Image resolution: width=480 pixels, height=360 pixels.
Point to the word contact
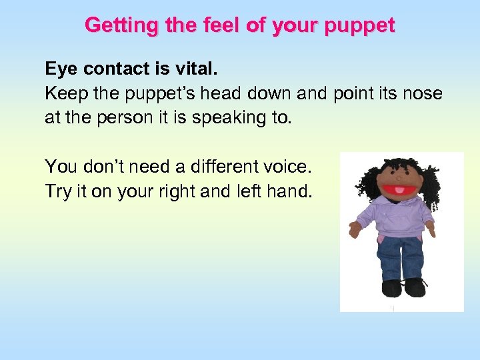113,69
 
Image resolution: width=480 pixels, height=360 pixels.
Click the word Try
57,191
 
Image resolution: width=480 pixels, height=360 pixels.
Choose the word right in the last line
175,191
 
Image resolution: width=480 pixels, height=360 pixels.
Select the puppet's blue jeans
399,257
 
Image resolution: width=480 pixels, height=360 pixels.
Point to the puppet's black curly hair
368,180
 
